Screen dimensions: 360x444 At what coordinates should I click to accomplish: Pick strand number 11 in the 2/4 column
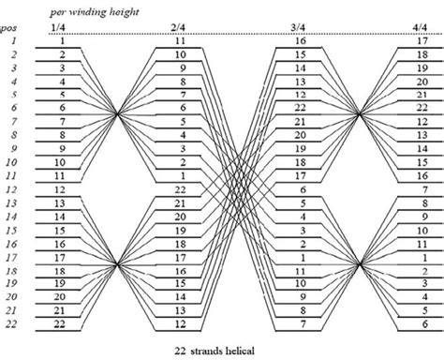(180, 43)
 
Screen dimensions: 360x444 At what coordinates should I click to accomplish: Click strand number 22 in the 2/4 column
(180, 189)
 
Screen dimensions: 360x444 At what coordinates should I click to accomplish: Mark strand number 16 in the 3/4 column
(301, 43)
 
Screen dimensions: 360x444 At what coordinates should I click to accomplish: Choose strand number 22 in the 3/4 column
(301, 110)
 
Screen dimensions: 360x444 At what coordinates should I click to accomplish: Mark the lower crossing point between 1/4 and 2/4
(119, 264)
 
